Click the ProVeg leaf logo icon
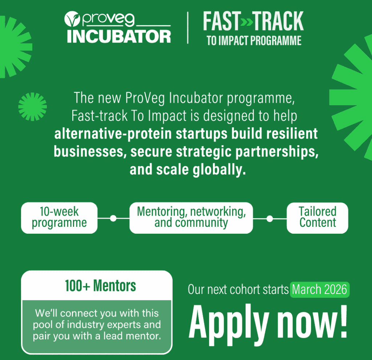[72, 19]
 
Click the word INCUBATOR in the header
[119, 37]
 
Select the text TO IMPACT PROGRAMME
[254, 41]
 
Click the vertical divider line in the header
[188, 28]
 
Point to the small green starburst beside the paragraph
[32, 107]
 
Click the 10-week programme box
[59, 217]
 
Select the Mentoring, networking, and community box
[191, 217]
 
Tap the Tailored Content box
[318, 217]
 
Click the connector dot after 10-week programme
[113, 218]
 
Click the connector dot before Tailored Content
[270, 219]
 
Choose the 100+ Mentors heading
[100, 286]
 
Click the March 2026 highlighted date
[319, 290]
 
